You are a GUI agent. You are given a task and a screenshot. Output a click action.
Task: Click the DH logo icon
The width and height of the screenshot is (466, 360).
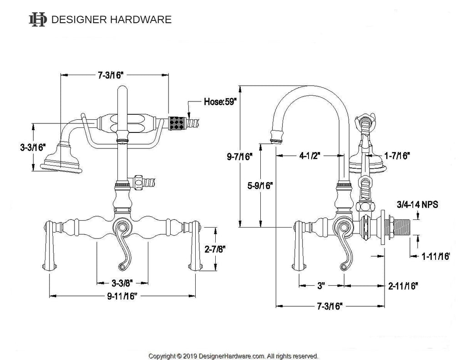pos(37,19)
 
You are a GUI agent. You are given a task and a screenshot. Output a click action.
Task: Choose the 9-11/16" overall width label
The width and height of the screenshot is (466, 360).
pos(122,296)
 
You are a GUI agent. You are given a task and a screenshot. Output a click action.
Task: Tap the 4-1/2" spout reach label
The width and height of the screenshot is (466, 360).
pos(309,156)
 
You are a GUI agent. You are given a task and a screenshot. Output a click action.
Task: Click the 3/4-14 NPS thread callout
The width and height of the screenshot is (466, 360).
pos(418,205)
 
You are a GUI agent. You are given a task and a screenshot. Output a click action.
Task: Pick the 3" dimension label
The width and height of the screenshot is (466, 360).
pos(321,286)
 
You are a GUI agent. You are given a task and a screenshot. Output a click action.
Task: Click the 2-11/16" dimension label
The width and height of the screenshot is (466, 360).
pos(403,286)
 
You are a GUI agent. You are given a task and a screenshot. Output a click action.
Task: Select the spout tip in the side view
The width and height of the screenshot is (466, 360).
pos(276,136)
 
